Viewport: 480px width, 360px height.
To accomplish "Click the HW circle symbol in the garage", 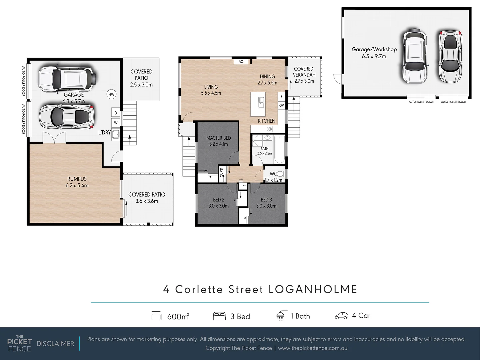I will pyautogui.click(x=111, y=94).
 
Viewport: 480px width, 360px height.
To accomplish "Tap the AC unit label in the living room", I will pyautogui.click(x=241, y=62).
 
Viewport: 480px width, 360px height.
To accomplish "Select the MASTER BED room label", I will pyautogui.click(x=218, y=138).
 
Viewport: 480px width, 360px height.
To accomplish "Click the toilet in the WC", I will pyautogui.click(x=280, y=174).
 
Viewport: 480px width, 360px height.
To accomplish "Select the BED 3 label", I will pyautogui.click(x=266, y=200).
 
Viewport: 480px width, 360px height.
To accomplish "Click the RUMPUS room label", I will pyautogui.click(x=77, y=179).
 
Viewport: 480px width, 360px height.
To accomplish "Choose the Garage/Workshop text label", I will pyautogui.click(x=374, y=49).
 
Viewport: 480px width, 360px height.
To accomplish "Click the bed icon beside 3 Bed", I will pyautogui.click(x=219, y=316).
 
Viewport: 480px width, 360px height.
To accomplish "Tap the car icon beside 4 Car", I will pyautogui.click(x=341, y=316).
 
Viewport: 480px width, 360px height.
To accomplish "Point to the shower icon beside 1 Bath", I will pyautogui.click(x=280, y=316).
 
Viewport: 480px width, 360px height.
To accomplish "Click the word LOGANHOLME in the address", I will pyautogui.click(x=313, y=289).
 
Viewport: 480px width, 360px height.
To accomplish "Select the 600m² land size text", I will pyautogui.click(x=178, y=316).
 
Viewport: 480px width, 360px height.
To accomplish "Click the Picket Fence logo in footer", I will pyautogui.click(x=19, y=343).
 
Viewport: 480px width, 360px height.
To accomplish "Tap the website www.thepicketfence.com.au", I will pyautogui.click(x=312, y=348).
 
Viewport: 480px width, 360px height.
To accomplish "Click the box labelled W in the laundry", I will pyautogui.click(x=116, y=123).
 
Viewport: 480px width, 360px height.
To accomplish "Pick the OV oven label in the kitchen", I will pyautogui.click(x=282, y=105).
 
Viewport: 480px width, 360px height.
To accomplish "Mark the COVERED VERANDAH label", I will pyautogui.click(x=304, y=72).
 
